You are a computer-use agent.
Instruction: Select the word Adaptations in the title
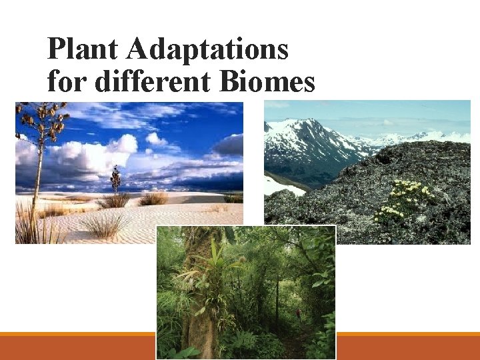(207, 50)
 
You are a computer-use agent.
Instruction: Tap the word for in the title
(67, 81)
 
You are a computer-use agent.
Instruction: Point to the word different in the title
(152, 81)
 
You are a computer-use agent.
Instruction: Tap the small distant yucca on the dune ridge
(116, 179)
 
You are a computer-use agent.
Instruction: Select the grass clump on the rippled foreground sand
(104, 225)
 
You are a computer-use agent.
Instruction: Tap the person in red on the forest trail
(299, 312)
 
